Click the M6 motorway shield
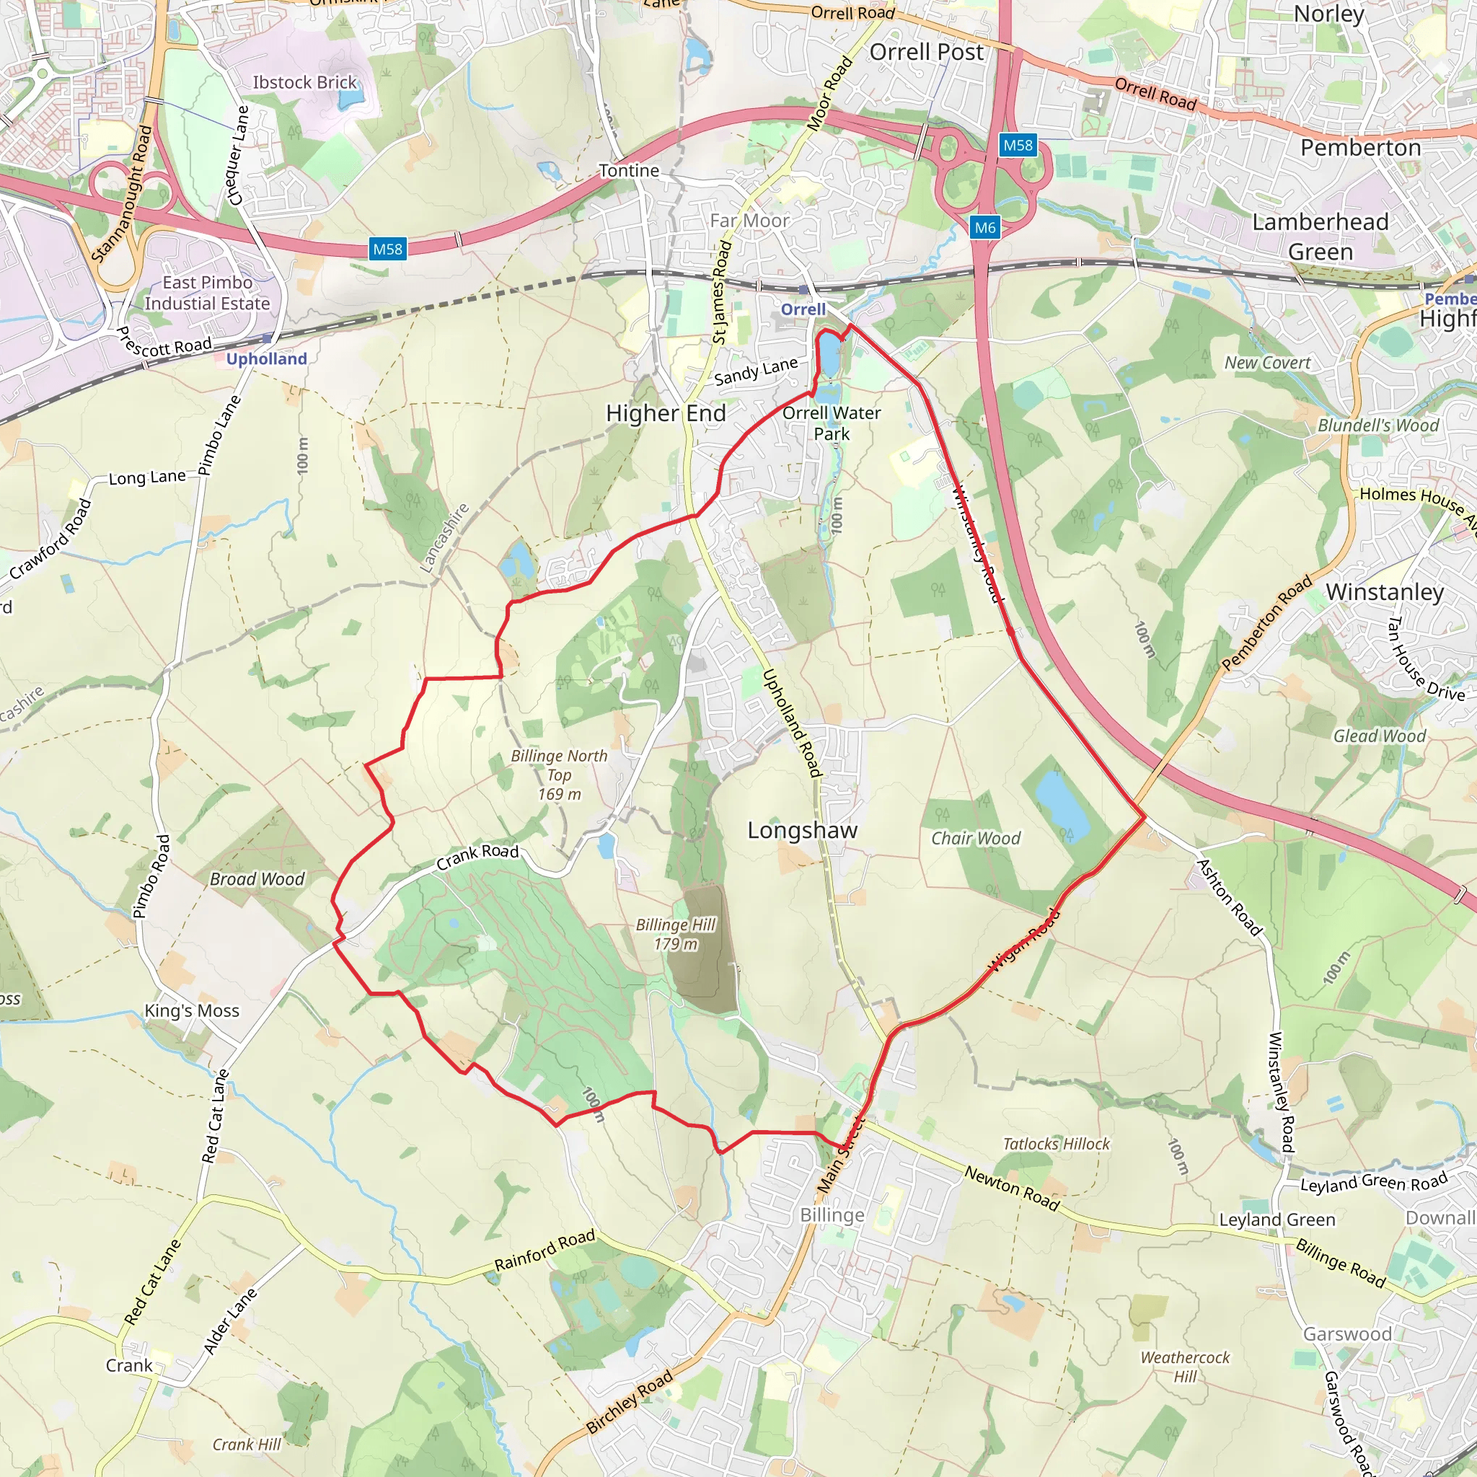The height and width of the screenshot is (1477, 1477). (984, 227)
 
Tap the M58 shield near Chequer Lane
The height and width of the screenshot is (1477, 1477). (387, 250)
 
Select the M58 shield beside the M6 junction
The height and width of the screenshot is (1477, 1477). (1018, 145)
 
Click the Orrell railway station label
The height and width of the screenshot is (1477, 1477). (803, 309)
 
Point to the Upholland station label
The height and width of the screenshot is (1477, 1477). (266, 358)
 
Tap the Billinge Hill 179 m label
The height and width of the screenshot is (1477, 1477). (676, 934)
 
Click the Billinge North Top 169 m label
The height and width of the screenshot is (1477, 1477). (559, 775)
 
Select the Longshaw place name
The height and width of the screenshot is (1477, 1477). (803, 830)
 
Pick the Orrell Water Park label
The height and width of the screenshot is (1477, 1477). (831, 423)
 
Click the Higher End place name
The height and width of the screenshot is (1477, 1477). (666, 413)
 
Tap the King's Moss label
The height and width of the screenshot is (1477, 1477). (192, 1010)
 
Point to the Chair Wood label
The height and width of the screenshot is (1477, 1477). (976, 839)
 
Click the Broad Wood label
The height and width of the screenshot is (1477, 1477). (257, 879)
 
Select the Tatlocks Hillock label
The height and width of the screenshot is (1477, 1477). (1056, 1144)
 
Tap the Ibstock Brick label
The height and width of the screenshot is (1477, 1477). (304, 82)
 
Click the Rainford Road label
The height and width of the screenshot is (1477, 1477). (544, 1251)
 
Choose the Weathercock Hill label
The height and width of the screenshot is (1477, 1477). (1185, 1366)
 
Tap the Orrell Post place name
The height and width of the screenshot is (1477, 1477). (927, 52)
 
